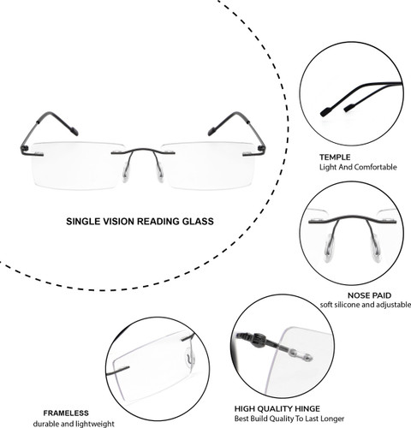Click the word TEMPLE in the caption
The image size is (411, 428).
335,158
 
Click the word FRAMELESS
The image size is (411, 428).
66,413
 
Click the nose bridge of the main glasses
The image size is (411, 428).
143,150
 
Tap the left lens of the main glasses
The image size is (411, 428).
77,165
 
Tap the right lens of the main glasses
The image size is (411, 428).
208,165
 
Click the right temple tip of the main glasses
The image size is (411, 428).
211,131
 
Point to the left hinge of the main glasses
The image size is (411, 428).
25,148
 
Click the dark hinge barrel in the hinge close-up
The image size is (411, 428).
259,340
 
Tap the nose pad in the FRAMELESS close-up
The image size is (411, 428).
189,358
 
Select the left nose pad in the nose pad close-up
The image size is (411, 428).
329,248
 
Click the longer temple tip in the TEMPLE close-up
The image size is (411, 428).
326,112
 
